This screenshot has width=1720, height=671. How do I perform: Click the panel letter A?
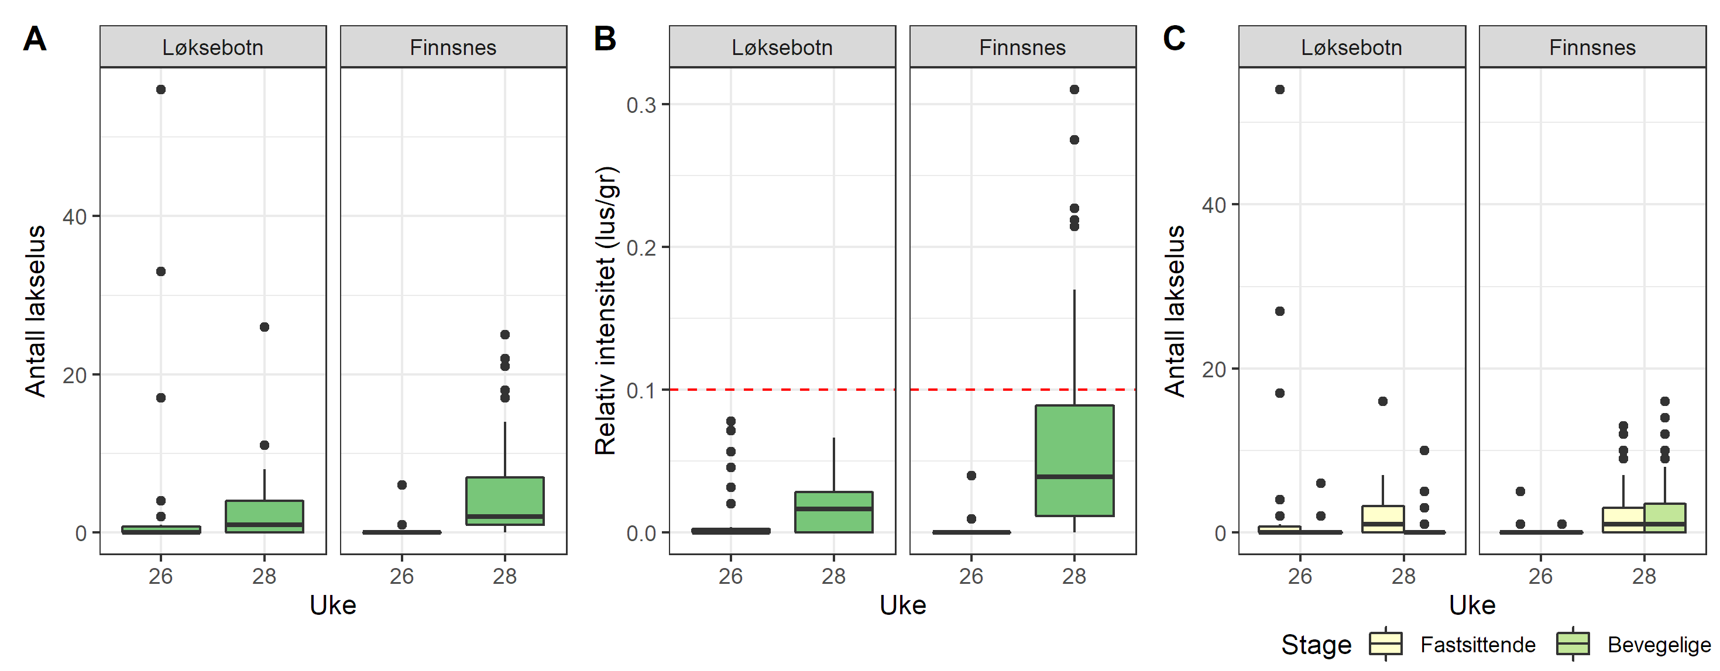pyautogui.click(x=35, y=39)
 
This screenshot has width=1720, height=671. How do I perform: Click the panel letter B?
pyautogui.click(x=605, y=39)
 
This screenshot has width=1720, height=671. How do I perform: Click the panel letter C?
pyautogui.click(x=1174, y=39)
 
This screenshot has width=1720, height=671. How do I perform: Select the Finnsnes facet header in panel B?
pyautogui.click(x=1022, y=47)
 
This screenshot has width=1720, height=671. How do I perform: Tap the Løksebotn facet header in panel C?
pyautogui.click(x=1351, y=47)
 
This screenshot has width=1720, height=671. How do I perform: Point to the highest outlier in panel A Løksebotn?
pyautogui.click(x=161, y=90)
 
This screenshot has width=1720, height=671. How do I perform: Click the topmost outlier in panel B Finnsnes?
pyautogui.click(x=1074, y=90)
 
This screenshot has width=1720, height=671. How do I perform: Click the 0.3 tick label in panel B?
pyautogui.click(x=641, y=105)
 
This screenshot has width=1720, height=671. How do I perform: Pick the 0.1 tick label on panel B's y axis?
pyautogui.click(x=641, y=391)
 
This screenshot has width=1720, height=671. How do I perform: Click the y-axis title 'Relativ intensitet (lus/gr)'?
pyautogui.click(x=606, y=311)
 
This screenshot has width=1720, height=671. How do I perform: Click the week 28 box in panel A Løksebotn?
pyautogui.click(x=265, y=515)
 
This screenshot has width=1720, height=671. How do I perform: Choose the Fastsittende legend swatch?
pyautogui.click(x=1385, y=644)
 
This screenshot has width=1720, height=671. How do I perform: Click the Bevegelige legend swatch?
pyautogui.click(x=1573, y=644)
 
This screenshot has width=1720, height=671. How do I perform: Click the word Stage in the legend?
pyautogui.click(x=1316, y=645)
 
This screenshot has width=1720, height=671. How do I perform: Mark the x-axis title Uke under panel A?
pyautogui.click(x=332, y=605)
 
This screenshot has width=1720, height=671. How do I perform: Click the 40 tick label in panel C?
pyautogui.click(x=1214, y=205)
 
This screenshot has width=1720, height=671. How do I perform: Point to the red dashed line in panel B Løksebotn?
pyautogui.click(x=782, y=389)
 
